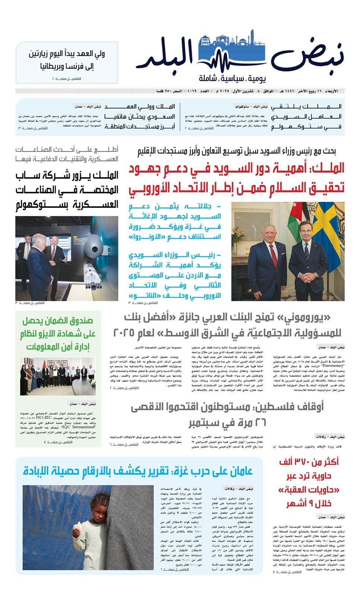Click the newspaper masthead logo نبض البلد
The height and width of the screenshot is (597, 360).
pyautogui.click(x=239, y=56)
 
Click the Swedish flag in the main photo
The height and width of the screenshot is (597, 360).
pyautogui.click(x=328, y=231)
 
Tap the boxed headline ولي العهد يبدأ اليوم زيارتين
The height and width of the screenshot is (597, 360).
pyautogui.click(x=67, y=60)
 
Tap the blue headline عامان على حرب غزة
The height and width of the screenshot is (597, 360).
pyautogui.click(x=138, y=471)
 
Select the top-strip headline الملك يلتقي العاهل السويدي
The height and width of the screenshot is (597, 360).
pyautogui.click(x=306, y=116)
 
